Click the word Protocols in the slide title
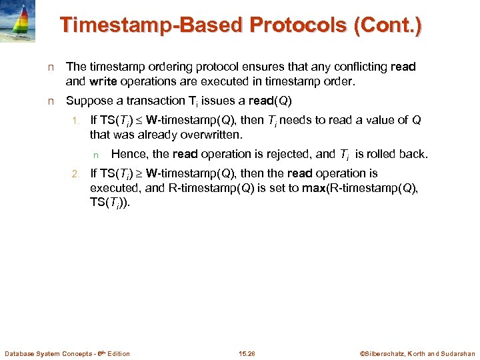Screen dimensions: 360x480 288,25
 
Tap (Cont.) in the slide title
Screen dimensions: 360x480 388,25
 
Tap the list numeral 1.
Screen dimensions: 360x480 75,121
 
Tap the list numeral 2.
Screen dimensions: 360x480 75,174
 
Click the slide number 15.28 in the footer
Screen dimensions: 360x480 246,353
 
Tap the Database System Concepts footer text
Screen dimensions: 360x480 67,353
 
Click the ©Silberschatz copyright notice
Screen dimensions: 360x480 417,353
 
